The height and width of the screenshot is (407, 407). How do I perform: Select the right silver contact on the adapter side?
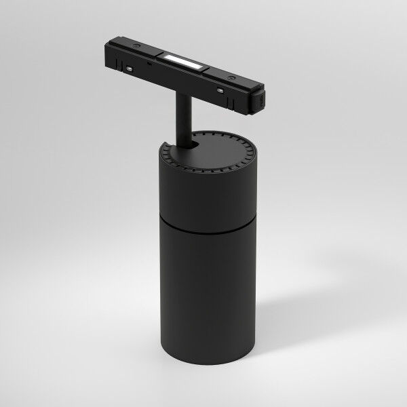219,90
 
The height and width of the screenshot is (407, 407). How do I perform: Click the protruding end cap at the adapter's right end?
260,101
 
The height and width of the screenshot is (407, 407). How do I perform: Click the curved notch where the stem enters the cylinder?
192,145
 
